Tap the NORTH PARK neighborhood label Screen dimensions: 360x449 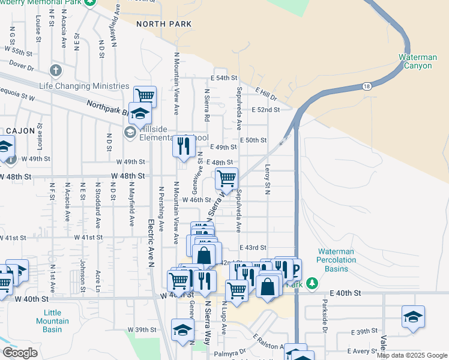[x=164, y=24]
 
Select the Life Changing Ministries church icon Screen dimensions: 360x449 [x=56, y=71]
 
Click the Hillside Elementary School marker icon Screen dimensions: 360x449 [x=130, y=131]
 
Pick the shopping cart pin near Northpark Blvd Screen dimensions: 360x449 [x=145, y=95]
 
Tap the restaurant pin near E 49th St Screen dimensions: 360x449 [x=183, y=146]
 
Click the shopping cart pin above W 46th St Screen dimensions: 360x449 [x=227, y=178]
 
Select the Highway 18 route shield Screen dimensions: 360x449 [x=367, y=86]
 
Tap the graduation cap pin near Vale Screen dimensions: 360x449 [x=413, y=317]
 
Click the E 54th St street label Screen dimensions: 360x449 [x=223, y=79]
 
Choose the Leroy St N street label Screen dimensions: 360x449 [x=268, y=180]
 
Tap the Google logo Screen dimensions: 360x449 [x=20, y=353]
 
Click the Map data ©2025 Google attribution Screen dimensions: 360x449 [x=412, y=355]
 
